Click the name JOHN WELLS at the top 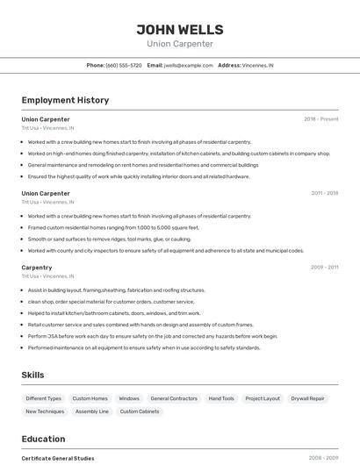[x=179, y=29]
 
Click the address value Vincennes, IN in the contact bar [x=258, y=65]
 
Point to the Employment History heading [x=65, y=100]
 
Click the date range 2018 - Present [x=320, y=118]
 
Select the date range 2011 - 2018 [x=324, y=193]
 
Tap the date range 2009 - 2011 [x=324, y=267]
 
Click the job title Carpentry [x=37, y=267]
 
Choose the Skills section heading [x=32, y=375]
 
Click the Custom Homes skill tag [x=90, y=398]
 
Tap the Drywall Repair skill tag [x=308, y=398]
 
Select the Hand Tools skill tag [x=221, y=398]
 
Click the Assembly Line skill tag [x=92, y=411]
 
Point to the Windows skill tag [x=129, y=398]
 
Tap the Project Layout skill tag [x=263, y=398]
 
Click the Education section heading [x=43, y=439]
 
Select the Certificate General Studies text [x=58, y=458]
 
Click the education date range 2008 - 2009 [x=324, y=458]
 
